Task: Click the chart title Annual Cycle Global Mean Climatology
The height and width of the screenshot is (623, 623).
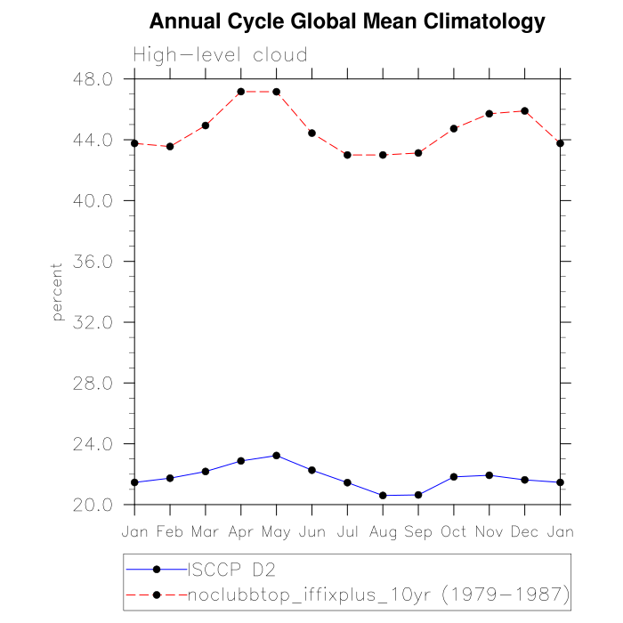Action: [347, 21]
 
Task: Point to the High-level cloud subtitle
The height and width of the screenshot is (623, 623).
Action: [220, 55]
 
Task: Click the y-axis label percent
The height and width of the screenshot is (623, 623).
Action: [58, 292]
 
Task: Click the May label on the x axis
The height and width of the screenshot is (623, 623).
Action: [276, 531]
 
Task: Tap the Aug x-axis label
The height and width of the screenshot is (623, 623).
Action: [383, 531]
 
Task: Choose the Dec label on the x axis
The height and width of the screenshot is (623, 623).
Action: [524, 531]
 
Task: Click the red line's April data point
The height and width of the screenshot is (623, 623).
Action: [241, 92]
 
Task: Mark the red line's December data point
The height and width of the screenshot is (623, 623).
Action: [524, 111]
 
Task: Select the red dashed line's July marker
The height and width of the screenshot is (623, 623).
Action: [347, 155]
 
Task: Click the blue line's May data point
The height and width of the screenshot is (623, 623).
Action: [276, 456]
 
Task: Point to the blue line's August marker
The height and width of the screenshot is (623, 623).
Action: [383, 496]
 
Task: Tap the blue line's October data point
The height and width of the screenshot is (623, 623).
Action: [454, 477]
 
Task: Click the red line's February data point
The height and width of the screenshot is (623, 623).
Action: [170, 147]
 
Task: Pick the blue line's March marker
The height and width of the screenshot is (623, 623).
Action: [206, 472]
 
